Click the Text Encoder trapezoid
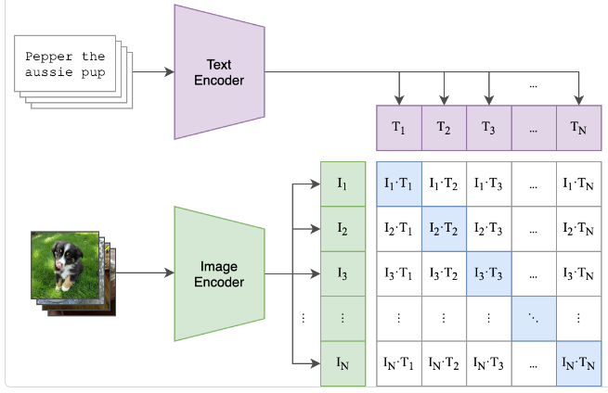pos(219,72)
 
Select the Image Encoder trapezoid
pos(219,273)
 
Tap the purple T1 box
pos(398,128)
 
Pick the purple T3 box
pos(488,128)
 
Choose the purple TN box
pos(578,128)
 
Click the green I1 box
pos(343,184)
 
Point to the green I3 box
pos(343,273)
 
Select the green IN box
pos(343,362)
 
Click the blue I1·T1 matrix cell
pos(399,184)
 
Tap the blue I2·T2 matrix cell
pos(444,228)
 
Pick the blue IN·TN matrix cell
pos(578,362)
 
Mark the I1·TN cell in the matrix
pos(578,184)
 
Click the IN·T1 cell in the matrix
pos(399,362)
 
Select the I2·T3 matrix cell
pos(488,228)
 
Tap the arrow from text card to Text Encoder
pos(153,72)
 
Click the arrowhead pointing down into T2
pos(444,100)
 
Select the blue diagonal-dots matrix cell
pos(534,317)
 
